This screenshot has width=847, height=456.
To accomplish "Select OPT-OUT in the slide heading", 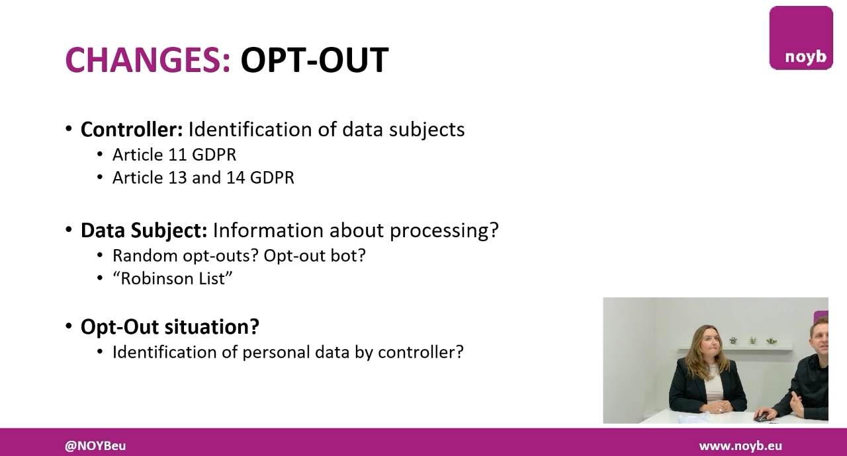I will click(x=314, y=60).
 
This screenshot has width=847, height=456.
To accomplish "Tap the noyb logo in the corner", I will click(x=801, y=38).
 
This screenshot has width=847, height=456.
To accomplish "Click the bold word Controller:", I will click(x=131, y=130).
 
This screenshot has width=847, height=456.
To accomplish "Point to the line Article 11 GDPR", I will click(x=174, y=155).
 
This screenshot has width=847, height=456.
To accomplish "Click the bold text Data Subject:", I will click(x=144, y=231).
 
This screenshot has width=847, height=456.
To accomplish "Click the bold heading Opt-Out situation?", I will click(x=169, y=326).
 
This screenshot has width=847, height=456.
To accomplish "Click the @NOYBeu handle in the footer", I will click(x=95, y=446).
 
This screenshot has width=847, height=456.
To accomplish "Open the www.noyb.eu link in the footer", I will click(x=740, y=446).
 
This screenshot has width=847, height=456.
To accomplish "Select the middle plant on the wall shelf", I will click(x=752, y=340).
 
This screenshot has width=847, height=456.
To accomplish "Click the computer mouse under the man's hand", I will click(x=762, y=416).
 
